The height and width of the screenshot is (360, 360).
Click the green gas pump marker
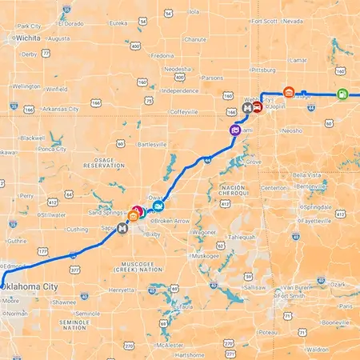tap(342, 94)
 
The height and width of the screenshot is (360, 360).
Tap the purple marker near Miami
tap(235, 130)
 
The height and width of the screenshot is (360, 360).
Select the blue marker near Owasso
tap(158, 208)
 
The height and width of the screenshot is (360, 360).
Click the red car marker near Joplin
tap(258, 106)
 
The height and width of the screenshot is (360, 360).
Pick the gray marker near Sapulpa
tap(122, 228)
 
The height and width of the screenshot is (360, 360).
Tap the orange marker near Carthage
tap(289, 93)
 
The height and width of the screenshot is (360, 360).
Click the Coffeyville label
tap(178, 112)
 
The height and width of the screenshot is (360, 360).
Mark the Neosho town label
tap(292, 130)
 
